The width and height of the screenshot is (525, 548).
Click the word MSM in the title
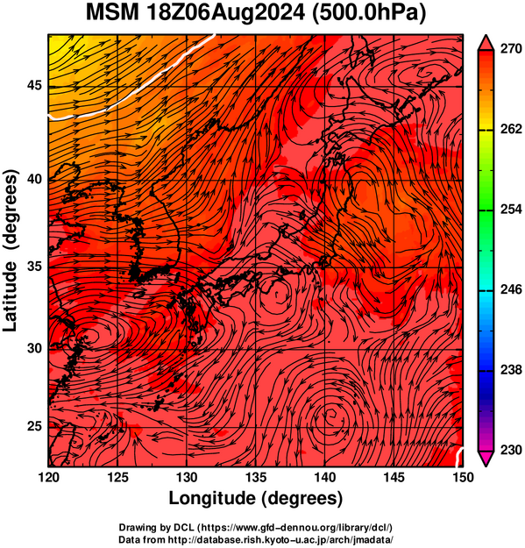[112, 12]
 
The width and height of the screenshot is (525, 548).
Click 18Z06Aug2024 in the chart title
[225, 12]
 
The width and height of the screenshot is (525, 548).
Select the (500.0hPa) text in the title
[369, 13]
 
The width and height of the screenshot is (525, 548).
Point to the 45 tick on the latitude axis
[34, 85]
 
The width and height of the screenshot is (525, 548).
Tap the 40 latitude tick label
[34, 180]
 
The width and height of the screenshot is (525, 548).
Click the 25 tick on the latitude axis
[34, 427]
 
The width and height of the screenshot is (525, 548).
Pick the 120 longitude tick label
[48, 477]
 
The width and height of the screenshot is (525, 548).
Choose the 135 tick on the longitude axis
[256, 477]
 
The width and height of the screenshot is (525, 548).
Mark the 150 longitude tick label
[463, 477]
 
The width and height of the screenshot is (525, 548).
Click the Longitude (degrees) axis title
[256, 498]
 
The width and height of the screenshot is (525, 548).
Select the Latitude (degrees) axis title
[11, 251]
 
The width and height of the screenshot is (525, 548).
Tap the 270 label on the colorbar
[511, 49]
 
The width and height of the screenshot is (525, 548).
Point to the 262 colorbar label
[511, 129]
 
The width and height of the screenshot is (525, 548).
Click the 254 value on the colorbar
[511, 210]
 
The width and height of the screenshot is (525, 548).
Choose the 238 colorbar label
[511, 370]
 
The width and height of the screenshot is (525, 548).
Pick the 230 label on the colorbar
[511, 450]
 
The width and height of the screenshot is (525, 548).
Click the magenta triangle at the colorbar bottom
[486, 458]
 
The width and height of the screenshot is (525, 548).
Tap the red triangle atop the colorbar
[486, 43]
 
